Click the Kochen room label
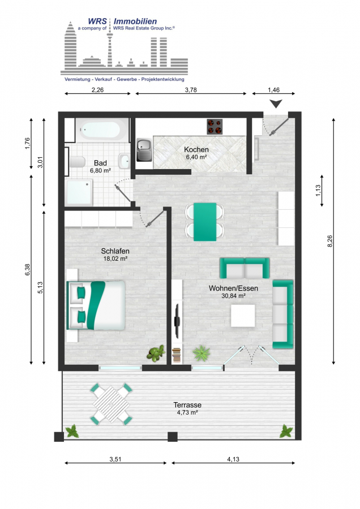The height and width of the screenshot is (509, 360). coord(196,150)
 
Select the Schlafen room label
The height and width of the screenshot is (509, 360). coord(115,251)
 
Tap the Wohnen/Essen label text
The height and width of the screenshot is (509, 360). coord(233,288)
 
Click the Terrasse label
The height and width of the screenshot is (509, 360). coord(187,405)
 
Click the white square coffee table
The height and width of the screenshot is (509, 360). coord(244,315)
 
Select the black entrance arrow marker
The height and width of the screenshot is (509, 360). coord(276,103)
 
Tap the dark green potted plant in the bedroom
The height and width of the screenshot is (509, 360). coord(155,354)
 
